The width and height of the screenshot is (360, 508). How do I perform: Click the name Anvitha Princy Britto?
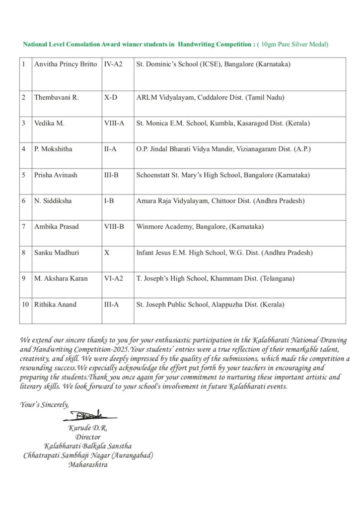66,64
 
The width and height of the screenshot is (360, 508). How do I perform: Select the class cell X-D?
111,98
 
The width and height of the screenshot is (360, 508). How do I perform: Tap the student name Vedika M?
49,124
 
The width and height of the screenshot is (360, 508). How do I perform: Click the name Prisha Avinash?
56,175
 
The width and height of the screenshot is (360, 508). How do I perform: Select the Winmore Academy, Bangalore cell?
200,227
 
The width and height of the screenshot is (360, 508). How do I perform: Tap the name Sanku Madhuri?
57,253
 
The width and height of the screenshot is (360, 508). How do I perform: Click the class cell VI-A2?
114,278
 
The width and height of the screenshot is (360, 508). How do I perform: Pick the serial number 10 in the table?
25,304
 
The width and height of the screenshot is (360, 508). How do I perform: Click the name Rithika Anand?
55,304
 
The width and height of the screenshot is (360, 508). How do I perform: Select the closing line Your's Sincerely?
45,405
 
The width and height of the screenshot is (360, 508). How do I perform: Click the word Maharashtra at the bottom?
88,465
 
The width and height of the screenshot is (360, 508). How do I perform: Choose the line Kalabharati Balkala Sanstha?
88,446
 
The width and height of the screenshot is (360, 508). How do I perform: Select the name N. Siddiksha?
53,201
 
